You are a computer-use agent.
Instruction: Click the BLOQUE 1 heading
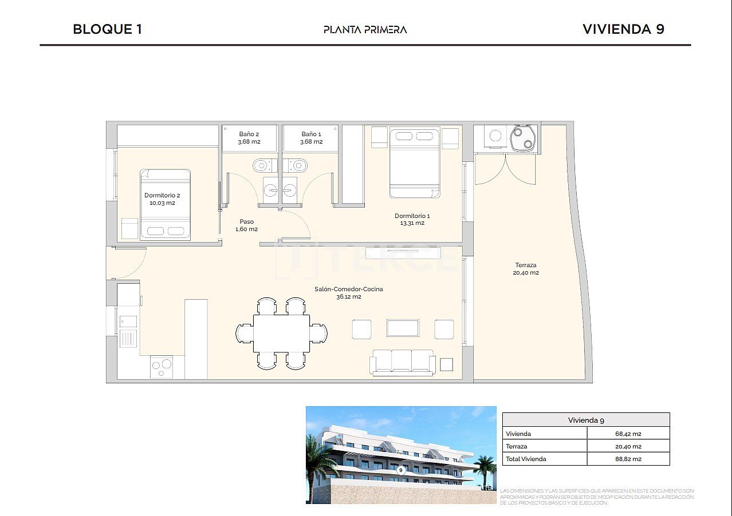(107, 29)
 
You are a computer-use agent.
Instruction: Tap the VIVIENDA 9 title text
(623, 29)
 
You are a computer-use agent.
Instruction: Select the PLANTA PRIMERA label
(365, 30)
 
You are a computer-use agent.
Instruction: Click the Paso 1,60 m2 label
(246, 225)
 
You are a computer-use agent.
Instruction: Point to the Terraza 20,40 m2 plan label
(526, 269)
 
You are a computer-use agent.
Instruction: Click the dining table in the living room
(281, 334)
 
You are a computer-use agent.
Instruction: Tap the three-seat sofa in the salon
(402, 362)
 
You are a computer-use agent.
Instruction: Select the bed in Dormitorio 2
(166, 204)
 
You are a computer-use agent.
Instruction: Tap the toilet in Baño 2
(262, 165)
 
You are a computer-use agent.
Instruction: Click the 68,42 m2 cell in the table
(628, 434)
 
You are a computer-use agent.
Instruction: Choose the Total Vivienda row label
(526, 459)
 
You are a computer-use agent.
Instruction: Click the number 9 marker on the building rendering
(401, 470)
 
